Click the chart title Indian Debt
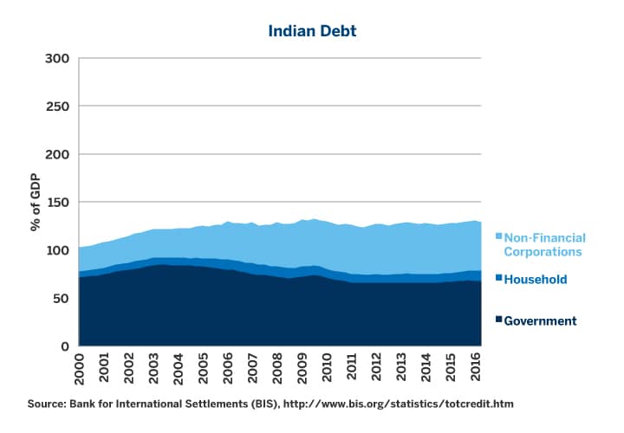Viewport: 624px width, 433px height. (312, 32)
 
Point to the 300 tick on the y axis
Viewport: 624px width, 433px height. (57, 59)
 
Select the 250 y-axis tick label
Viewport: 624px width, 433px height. (57, 107)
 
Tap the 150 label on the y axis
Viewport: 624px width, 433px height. (57, 203)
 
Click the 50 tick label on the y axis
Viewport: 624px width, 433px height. (61, 299)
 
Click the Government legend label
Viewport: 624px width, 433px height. (540, 321)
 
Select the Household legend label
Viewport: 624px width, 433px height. (536, 280)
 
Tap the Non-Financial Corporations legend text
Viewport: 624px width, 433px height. (545, 244)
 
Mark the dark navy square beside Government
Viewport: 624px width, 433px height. (498, 320)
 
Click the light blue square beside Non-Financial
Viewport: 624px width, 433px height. (498, 236)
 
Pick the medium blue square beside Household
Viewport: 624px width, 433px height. (498, 279)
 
